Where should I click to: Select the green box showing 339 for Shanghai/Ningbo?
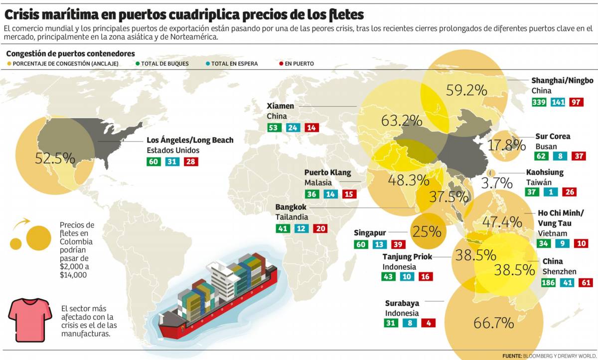[x=539, y=102]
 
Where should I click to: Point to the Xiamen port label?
[x=281, y=106]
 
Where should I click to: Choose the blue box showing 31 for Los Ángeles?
[x=171, y=162]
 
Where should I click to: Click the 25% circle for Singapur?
[x=427, y=232]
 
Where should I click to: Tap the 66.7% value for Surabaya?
[x=493, y=323]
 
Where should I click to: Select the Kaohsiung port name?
[x=545, y=173]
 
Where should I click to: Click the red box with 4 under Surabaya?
[x=428, y=323]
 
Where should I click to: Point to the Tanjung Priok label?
[x=407, y=256]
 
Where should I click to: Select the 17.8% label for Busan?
[x=507, y=146]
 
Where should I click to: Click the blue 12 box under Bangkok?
[x=301, y=228]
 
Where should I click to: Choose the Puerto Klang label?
[x=327, y=173]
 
